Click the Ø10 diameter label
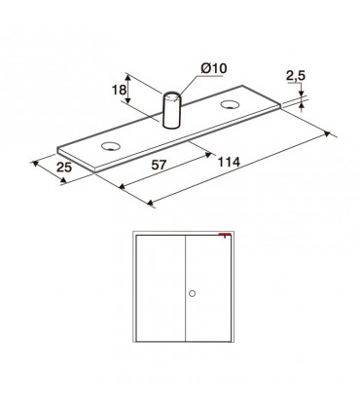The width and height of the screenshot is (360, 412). click(214, 68)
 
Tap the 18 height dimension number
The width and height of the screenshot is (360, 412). click(119, 90)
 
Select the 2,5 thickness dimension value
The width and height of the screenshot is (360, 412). click(296, 76)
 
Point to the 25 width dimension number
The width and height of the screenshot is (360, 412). click(64, 168)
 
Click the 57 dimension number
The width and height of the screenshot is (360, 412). click(159, 165)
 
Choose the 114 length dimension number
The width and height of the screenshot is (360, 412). click(229, 162)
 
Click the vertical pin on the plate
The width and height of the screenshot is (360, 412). click(171, 110)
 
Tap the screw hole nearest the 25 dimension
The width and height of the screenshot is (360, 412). click(111, 146)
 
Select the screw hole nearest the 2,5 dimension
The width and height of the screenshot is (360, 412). click(230, 104)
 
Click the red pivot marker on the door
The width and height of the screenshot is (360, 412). click(225, 235)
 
